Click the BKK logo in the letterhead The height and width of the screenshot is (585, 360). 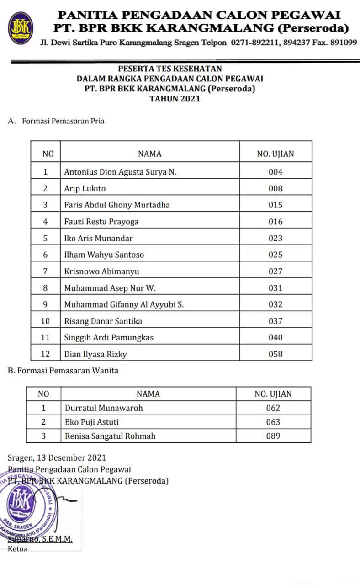(x=21, y=26)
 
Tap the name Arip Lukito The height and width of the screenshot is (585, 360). (x=85, y=188)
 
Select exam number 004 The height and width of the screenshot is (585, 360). (x=275, y=172)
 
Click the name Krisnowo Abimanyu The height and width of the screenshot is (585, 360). (x=101, y=271)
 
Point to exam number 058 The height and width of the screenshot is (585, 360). (x=275, y=354)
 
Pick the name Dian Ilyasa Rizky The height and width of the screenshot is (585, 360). (x=95, y=354)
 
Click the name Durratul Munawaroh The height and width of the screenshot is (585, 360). (x=104, y=408)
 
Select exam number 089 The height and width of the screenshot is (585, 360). (x=273, y=436)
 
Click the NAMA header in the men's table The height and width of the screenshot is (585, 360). (x=150, y=154)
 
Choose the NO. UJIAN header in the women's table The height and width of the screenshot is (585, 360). (x=273, y=394)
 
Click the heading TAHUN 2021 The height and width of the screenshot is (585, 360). (x=175, y=98)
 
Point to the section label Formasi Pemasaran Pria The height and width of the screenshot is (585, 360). (x=63, y=121)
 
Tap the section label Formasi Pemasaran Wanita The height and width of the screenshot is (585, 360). (x=68, y=371)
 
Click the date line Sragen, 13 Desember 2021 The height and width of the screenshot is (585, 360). (x=57, y=457)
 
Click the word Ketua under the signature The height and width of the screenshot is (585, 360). (x=18, y=548)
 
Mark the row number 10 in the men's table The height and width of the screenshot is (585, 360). (x=45, y=321)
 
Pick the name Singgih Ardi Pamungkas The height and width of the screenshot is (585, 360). (x=109, y=337)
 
